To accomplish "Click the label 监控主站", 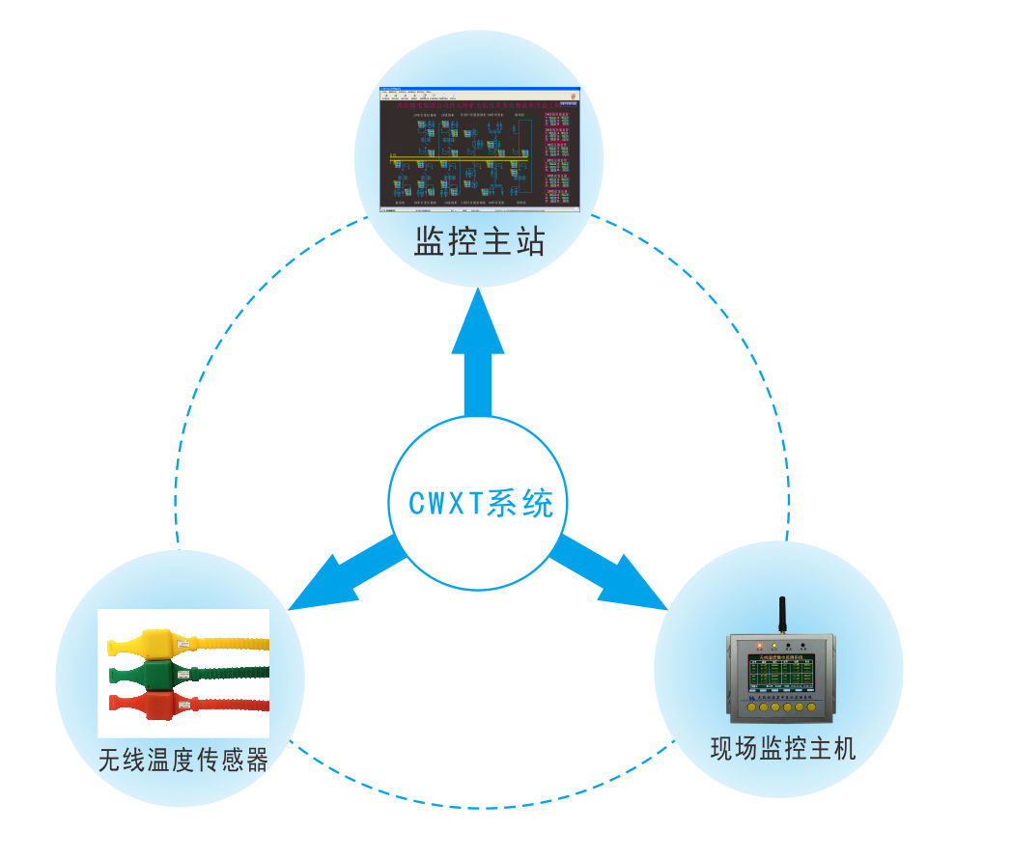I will tap(480, 241).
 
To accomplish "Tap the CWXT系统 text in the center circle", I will tap(481, 504).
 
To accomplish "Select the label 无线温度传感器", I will tap(183, 761).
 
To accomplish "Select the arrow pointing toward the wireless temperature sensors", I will tap(343, 574).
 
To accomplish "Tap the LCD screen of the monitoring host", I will tap(778, 676).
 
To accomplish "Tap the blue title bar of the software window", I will tap(480, 90).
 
